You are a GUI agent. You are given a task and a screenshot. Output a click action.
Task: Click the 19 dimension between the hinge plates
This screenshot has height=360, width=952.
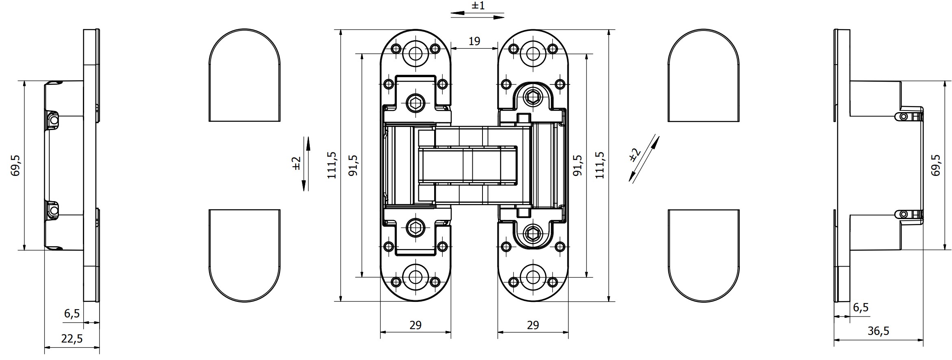click(474, 41)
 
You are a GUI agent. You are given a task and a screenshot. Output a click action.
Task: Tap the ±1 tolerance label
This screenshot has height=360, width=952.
click(478, 6)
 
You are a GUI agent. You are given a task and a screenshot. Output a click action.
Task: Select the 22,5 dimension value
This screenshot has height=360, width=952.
click(72, 338)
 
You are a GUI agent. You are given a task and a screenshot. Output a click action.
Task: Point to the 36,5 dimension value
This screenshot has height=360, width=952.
click(878, 331)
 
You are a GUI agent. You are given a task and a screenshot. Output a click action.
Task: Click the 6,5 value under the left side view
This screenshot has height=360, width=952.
click(72, 313)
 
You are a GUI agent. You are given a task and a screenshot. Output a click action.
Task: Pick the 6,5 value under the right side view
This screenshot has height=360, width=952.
click(861, 308)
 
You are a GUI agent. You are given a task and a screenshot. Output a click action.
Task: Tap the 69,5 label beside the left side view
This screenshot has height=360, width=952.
click(15, 165)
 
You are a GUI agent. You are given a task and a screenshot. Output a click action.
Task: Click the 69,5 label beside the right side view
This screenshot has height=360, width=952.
click(936, 165)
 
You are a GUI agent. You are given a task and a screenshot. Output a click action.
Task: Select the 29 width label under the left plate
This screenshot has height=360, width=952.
click(415, 325)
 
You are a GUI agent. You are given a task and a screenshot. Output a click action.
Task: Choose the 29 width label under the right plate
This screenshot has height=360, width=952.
click(533, 325)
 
